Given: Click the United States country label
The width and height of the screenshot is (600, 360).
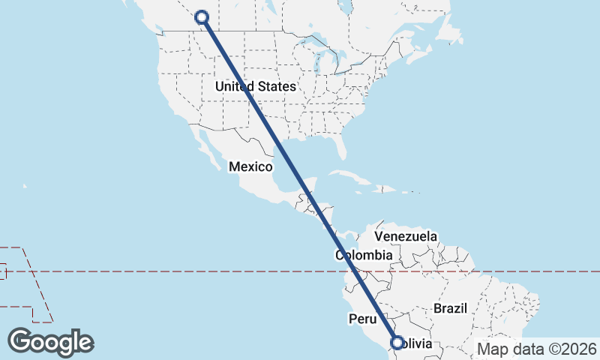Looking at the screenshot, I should [x=255, y=86].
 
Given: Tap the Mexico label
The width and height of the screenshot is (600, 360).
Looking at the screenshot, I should [x=250, y=166].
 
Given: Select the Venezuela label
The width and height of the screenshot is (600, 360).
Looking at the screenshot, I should [x=406, y=236].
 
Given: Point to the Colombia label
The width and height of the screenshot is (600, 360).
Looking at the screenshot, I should [x=364, y=256].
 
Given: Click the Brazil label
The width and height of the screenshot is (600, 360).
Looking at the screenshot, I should [x=450, y=308].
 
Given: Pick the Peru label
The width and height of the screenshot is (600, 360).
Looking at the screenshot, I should [x=362, y=319].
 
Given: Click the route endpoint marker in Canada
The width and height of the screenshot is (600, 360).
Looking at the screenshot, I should [x=201, y=17].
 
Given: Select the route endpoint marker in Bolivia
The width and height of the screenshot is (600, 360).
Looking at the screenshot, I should [x=397, y=343].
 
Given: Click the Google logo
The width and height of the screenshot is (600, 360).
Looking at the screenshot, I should [x=51, y=341].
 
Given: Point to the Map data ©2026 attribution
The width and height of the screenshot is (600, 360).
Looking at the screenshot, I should [x=536, y=349].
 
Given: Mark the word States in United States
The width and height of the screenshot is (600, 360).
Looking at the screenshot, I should [x=276, y=86].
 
